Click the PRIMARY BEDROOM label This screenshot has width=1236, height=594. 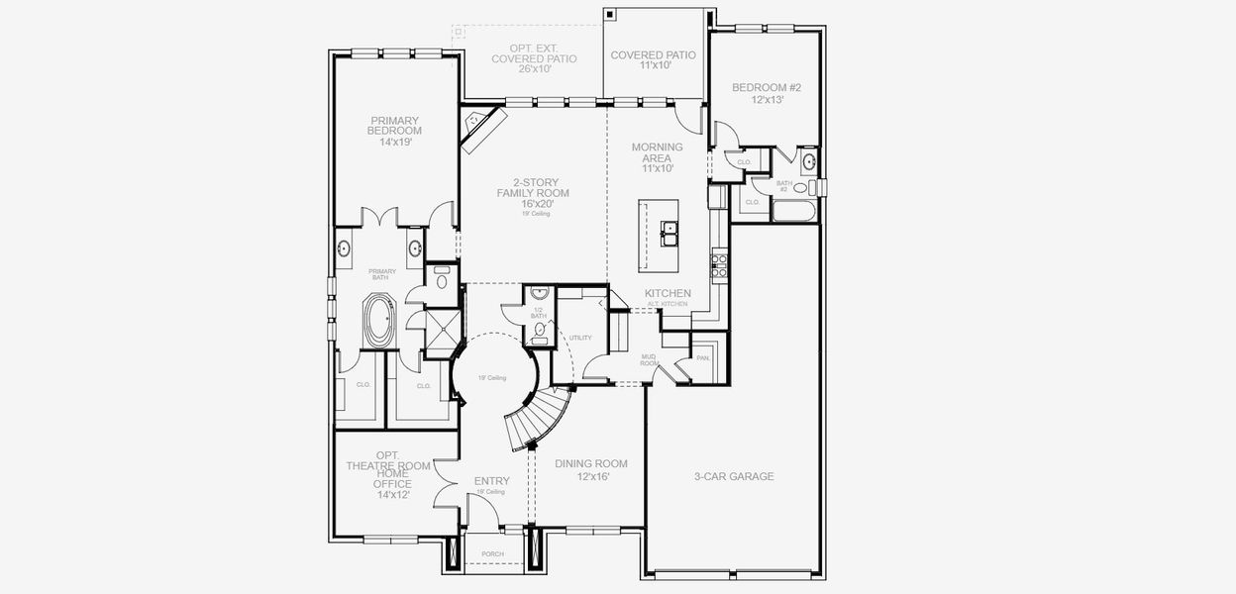pyautogui.click(x=394, y=126)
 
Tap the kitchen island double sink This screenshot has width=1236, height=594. pyautogui.click(x=670, y=234)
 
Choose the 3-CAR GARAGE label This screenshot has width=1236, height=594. pyautogui.click(x=734, y=476)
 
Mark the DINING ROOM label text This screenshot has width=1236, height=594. pyautogui.click(x=590, y=464)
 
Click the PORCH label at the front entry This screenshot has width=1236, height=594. pyautogui.click(x=492, y=553)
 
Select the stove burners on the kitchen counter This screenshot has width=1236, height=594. pyautogui.click(x=720, y=264)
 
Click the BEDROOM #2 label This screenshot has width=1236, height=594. pyautogui.click(x=766, y=88)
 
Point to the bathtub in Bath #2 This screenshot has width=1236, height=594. pyautogui.click(x=792, y=211)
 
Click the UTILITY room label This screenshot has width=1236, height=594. pyautogui.click(x=579, y=339)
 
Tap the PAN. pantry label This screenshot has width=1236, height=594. pyautogui.click(x=703, y=357)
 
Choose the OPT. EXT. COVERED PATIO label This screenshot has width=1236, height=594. pyautogui.click(x=534, y=58)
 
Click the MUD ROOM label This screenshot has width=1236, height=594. pyautogui.click(x=650, y=360)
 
